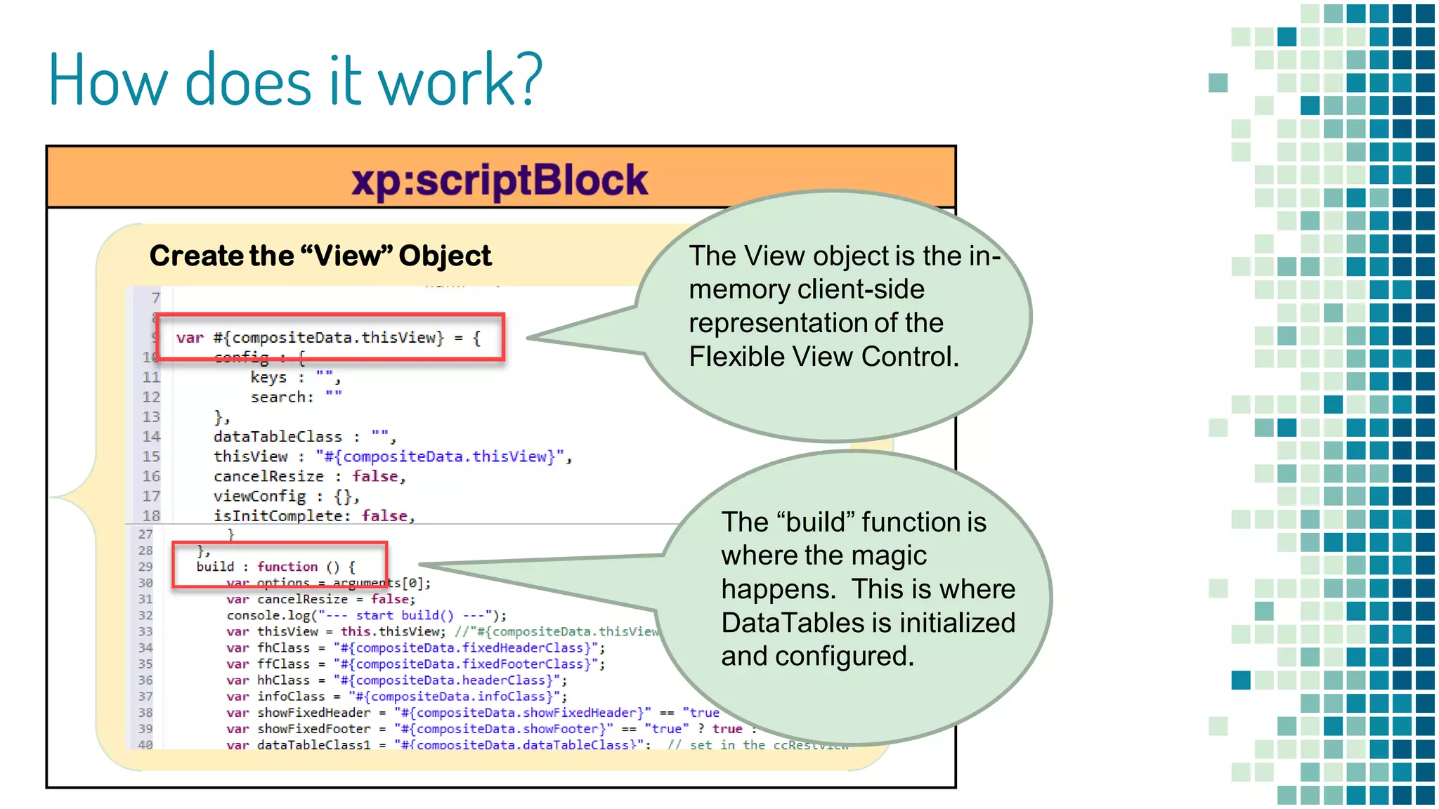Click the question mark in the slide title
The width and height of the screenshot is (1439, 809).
(x=526, y=79)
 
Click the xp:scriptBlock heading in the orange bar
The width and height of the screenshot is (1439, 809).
(x=499, y=180)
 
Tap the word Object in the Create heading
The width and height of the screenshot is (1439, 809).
(x=445, y=256)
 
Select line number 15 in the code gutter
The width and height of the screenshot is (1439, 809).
(x=151, y=456)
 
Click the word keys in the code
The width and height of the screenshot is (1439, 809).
(x=268, y=377)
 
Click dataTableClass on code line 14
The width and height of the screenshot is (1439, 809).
(x=278, y=437)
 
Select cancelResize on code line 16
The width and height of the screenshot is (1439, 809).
(x=268, y=476)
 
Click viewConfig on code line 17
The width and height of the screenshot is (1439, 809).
(x=259, y=496)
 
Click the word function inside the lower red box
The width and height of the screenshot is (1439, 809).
(x=287, y=567)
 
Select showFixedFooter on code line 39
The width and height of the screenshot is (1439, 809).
(x=313, y=729)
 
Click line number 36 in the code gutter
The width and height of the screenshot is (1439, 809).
(x=145, y=680)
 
